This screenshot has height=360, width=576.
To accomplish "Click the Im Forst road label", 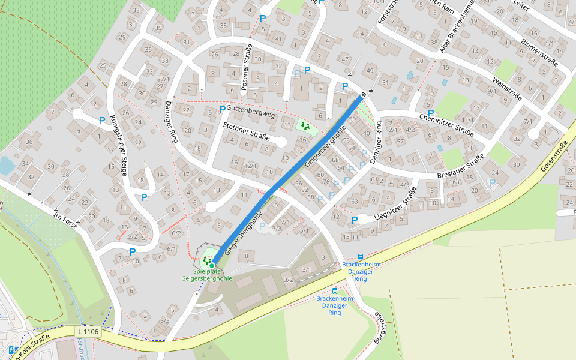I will point(67,223).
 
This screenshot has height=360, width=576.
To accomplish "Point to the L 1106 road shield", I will point(88,331).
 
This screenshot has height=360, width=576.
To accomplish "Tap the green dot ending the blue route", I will point(212,265).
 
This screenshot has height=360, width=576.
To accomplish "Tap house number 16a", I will point(454,181).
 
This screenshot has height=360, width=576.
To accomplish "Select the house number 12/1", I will point(251,166).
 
